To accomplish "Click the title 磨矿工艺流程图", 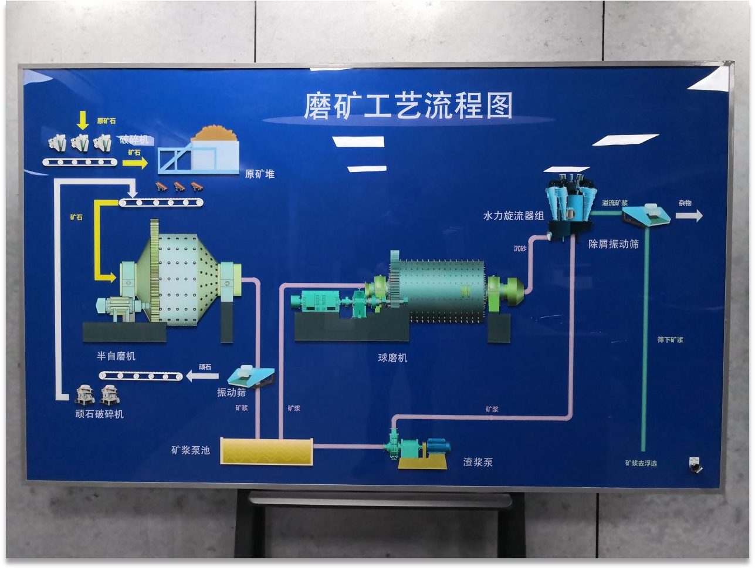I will [408, 106].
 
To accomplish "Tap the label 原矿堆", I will [259, 174].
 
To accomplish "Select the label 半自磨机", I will [116, 356].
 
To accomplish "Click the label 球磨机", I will [392, 357].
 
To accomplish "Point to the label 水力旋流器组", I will [513, 216].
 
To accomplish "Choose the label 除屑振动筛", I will [614, 244].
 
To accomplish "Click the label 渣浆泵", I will [478, 462].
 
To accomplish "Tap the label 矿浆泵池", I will [190, 450].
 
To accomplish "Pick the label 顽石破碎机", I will [99, 414].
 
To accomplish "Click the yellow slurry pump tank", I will [266, 451].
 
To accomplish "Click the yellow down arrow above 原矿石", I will [83, 120].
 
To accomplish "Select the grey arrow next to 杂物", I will [689, 216].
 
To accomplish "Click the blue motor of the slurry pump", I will [438, 446].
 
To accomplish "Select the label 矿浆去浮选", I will [641, 463].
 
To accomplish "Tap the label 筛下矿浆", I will [670, 340].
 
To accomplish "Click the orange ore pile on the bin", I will [215, 134].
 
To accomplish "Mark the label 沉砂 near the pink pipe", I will [520, 249].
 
